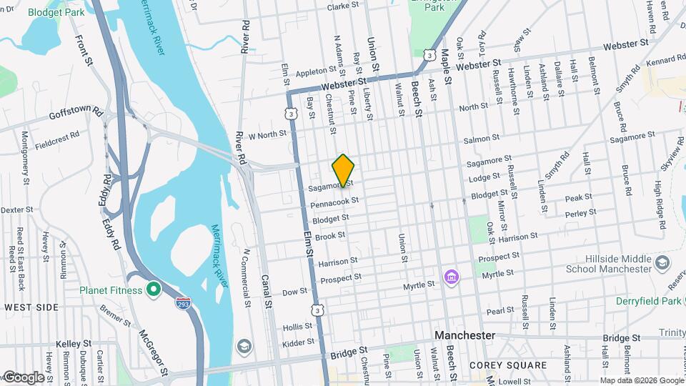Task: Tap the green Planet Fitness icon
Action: point(152,289)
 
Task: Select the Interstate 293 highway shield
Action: point(183,304)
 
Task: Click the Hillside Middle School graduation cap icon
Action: point(662,262)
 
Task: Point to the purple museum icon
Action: point(451,277)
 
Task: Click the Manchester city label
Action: point(465,335)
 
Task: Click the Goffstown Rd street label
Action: point(76,114)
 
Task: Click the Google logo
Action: point(23,377)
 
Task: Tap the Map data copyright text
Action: point(641,380)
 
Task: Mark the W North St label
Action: point(267,134)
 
